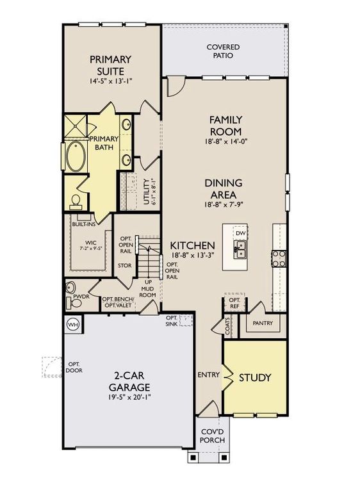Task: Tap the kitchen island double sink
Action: (x=241, y=254)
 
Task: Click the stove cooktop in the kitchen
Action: (x=280, y=258)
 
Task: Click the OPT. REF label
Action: (x=234, y=302)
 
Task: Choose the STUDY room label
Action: (x=255, y=377)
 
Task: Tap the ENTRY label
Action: (x=208, y=375)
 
